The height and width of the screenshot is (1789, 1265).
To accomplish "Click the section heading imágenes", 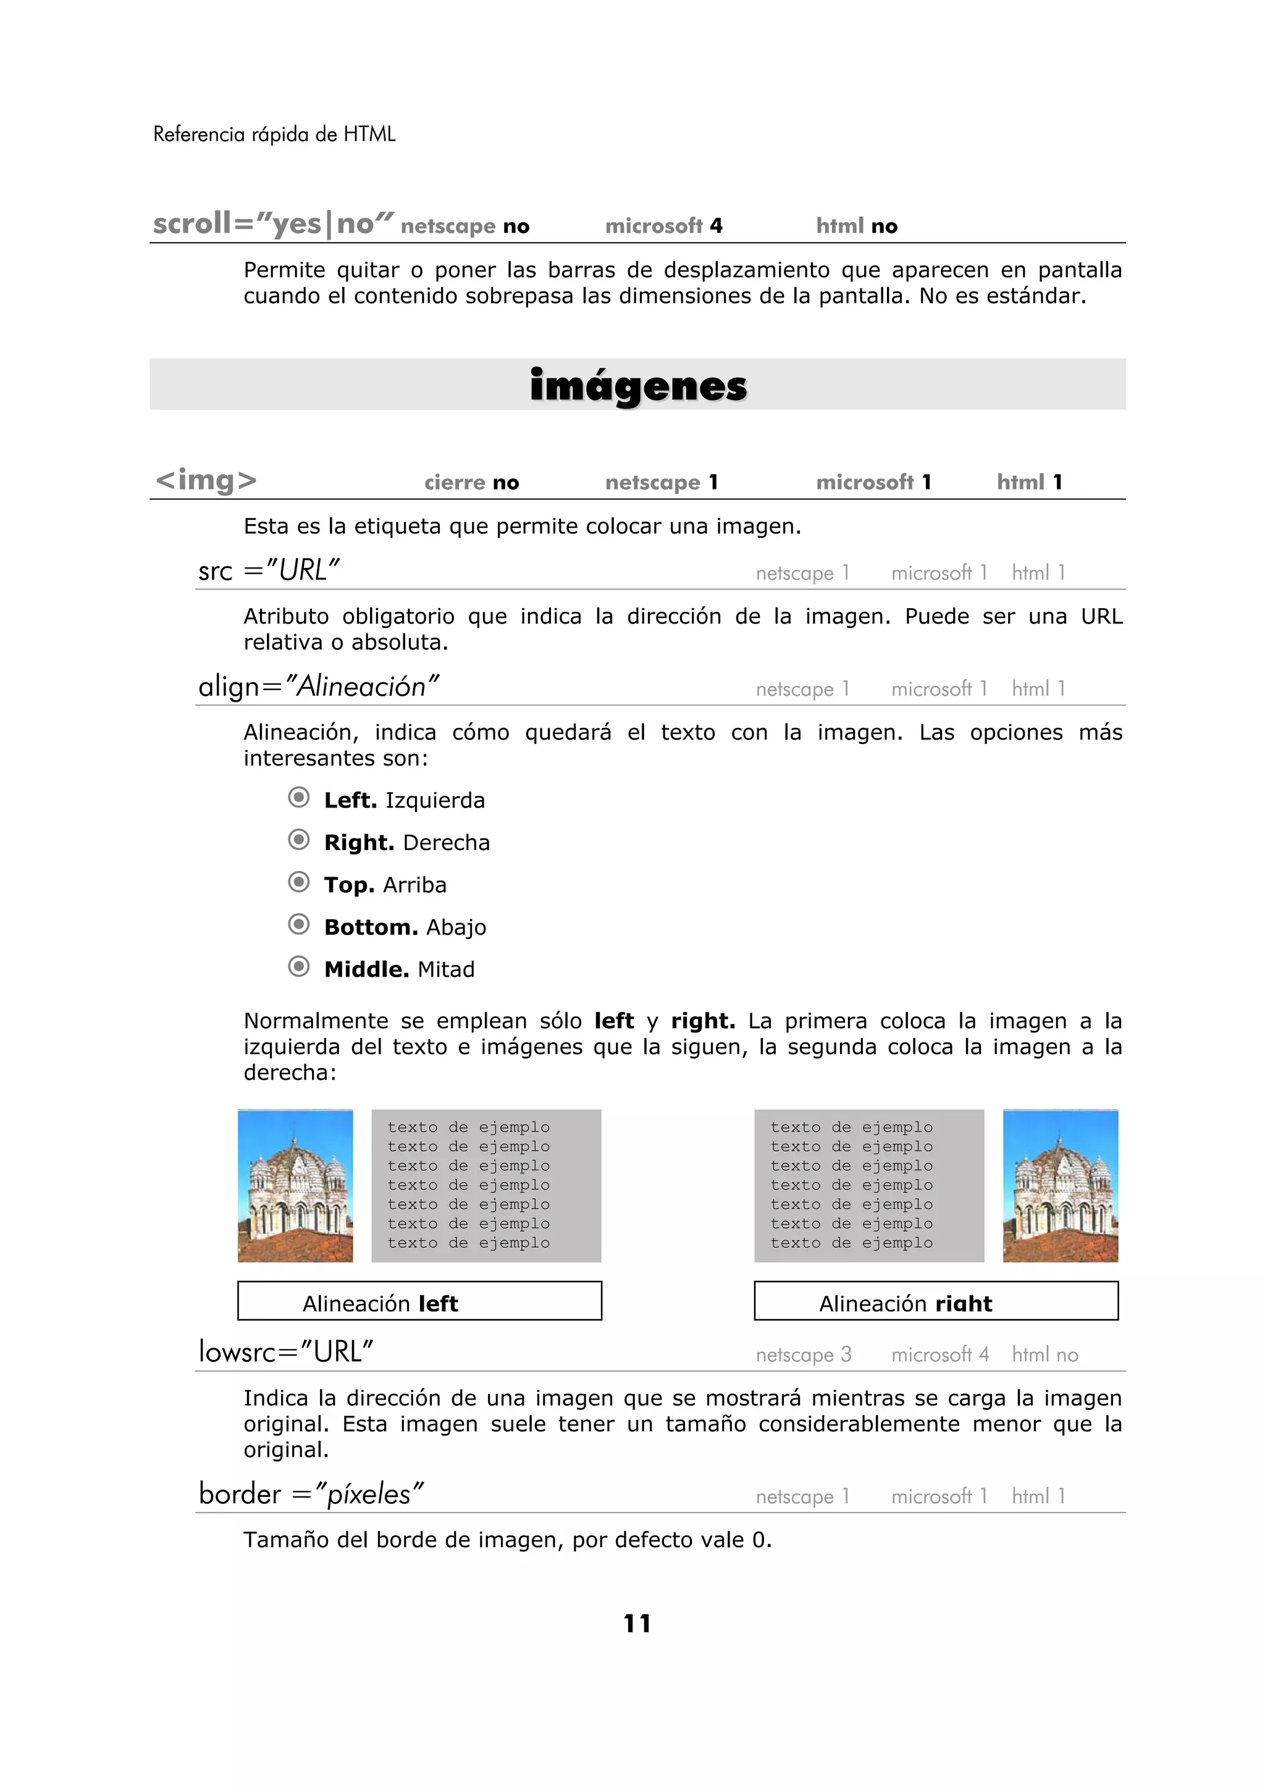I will pyautogui.click(x=637, y=386).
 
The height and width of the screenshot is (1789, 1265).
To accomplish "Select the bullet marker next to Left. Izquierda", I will pyautogui.click(x=298, y=798).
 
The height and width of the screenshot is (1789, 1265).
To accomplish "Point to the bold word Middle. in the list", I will pyautogui.click(x=366, y=969).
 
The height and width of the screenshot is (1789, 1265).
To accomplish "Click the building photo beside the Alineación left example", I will pyautogui.click(x=295, y=1186).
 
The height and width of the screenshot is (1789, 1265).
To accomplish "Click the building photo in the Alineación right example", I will pyautogui.click(x=1060, y=1186).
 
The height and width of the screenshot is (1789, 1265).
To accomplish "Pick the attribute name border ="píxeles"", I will pyautogui.click(x=311, y=1495).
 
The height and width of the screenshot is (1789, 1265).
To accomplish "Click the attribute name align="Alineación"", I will pyautogui.click(x=319, y=687).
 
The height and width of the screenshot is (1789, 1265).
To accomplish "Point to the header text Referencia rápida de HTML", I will pyautogui.click(x=274, y=135).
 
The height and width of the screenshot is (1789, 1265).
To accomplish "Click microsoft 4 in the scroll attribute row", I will pyautogui.click(x=664, y=226).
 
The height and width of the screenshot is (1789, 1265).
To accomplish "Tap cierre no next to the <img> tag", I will pyautogui.click(x=471, y=482).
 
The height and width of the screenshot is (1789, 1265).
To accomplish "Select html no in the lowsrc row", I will pyautogui.click(x=1044, y=1355).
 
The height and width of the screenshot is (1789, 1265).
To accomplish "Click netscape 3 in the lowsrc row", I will pyautogui.click(x=804, y=1355).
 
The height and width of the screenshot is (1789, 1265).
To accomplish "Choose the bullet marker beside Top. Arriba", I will pyautogui.click(x=298, y=882).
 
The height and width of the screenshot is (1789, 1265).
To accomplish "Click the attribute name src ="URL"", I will pyautogui.click(x=269, y=571).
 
